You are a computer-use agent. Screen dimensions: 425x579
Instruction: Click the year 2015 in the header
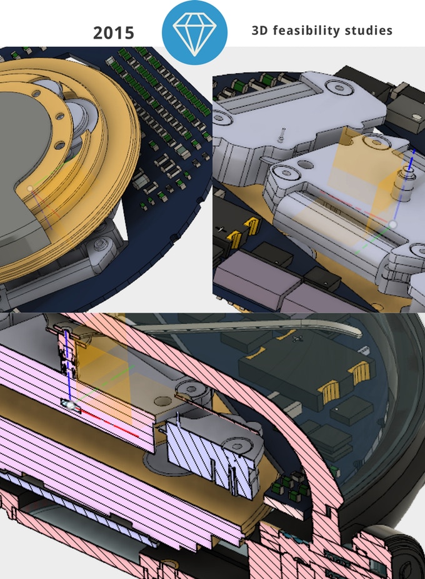(113, 33)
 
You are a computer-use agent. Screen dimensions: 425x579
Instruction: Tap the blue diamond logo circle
(194, 32)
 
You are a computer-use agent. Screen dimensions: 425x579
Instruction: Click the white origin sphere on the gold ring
(30, 189)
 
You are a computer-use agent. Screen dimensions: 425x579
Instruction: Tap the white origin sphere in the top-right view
(392, 224)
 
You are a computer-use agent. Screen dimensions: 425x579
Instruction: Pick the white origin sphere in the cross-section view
(70, 405)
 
